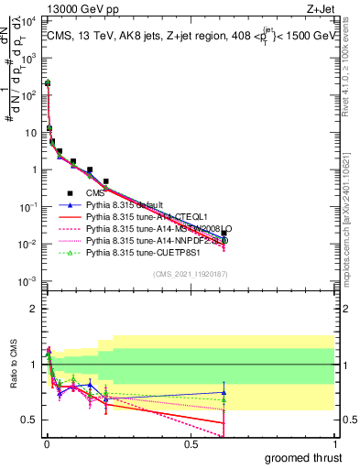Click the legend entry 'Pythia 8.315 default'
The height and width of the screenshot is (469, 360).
tap(128, 207)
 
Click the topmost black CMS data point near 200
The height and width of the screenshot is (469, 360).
tap(48, 83)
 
